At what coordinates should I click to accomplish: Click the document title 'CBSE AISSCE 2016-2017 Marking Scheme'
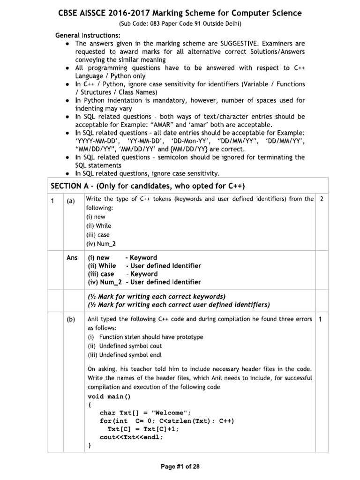[x=180, y=13]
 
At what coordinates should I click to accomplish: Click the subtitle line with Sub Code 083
[x=180, y=24]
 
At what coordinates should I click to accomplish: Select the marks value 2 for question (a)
[x=321, y=199]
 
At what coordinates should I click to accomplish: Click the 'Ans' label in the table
[x=72, y=258]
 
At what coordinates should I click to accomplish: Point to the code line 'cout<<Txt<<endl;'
[x=132, y=437]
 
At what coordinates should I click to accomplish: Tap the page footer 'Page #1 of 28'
[x=180, y=466]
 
